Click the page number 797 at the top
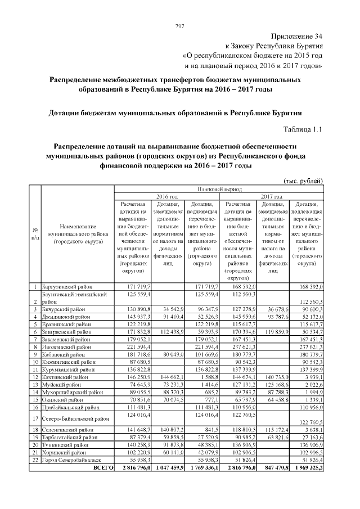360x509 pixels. pyautogui.click(x=180, y=26)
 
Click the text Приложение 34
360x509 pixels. pyautogui.click(x=295, y=36)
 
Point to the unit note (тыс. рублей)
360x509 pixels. pyautogui.click(x=302, y=181)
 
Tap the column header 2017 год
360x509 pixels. pyautogui.click(x=272, y=196)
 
